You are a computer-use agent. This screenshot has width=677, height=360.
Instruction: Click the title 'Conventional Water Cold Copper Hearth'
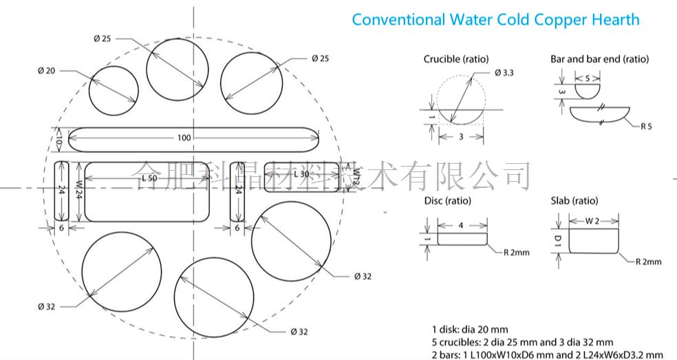click(x=495, y=19)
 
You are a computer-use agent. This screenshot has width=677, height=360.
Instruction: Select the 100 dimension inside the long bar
click(x=184, y=138)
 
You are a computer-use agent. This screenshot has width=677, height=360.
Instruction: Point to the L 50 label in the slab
click(x=149, y=178)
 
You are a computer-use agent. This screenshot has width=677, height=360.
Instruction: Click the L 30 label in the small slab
click(x=301, y=174)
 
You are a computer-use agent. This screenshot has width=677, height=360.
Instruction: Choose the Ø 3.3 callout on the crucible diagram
click(x=504, y=73)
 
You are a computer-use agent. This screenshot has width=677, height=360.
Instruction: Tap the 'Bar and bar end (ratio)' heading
click(x=599, y=59)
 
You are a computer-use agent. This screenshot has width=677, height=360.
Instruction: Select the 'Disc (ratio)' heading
click(x=448, y=201)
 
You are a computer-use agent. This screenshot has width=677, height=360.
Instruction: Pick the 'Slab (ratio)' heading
click(x=574, y=201)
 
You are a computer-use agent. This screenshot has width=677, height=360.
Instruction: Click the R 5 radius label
click(x=646, y=127)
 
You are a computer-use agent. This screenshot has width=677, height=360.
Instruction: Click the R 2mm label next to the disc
click(x=516, y=253)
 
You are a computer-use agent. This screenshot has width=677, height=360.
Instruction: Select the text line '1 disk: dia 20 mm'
click(x=471, y=328)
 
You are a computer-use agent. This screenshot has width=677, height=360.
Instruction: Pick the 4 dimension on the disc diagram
click(x=461, y=225)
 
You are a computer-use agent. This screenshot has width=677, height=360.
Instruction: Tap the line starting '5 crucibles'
click(x=522, y=341)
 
